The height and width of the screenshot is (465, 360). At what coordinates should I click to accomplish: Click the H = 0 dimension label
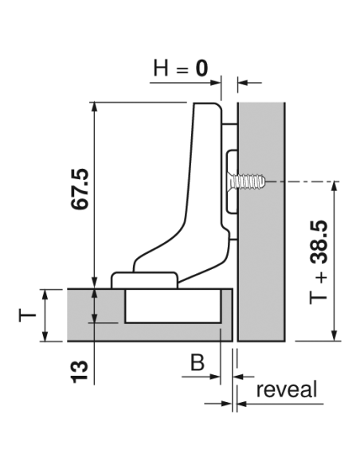[181, 68]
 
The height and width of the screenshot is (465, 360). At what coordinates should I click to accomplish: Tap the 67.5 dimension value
[80, 189]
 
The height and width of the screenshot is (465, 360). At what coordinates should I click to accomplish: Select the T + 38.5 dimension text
[319, 262]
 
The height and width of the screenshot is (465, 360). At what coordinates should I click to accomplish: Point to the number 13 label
[79, 372]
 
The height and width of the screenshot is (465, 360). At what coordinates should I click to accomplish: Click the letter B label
[198, 362]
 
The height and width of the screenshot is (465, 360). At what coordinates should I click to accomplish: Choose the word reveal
[287, 389]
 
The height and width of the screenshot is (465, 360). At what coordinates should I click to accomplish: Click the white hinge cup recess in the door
[173, 306]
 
